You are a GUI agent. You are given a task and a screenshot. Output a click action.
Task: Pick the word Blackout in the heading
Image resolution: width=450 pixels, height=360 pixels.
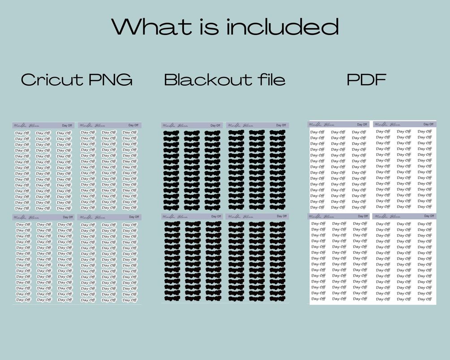pyautogui.click(x=202, y=80)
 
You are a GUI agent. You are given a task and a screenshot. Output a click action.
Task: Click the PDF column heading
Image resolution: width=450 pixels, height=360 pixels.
pyautogui.click(x=366, y=80)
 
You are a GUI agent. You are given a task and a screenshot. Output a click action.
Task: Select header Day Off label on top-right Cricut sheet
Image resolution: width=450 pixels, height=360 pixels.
pyautogui.click(x=133, y=125)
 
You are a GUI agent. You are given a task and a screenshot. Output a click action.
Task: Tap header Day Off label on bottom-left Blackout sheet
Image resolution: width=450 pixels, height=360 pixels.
pyautogui.click(x=215, y=217)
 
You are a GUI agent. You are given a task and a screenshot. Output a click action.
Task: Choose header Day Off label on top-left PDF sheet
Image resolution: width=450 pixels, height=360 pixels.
pyautogui.click(x=362, y=124)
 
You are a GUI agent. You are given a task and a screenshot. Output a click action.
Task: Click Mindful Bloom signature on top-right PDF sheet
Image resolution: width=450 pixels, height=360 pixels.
pyautogui.click(x=387, y=124)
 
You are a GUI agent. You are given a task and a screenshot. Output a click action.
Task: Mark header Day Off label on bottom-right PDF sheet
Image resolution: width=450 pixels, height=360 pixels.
pyautogui.click(x=428, y=216)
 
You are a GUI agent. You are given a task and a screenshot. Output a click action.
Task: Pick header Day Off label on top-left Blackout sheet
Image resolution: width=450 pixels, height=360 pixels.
pyautogui.click(x=215, y=126)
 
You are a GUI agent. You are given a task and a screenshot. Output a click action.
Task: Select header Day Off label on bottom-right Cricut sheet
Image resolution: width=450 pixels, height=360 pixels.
pyautogui.click(x=133, y=217)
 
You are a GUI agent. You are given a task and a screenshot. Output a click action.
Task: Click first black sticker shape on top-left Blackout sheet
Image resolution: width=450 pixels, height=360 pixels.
pyautogui.click(x=171, y=133)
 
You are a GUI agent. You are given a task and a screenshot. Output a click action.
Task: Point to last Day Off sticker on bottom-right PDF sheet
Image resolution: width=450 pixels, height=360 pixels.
pyautogui.click(x=424, y=299)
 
